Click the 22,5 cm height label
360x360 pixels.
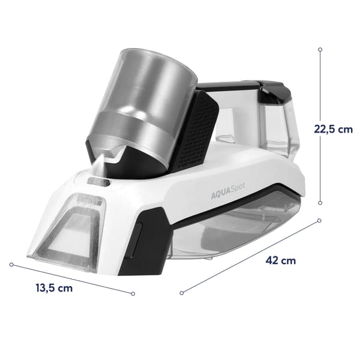pos(333,129)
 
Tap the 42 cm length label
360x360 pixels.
pos(281,260)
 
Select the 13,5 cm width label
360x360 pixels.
pos(54,288)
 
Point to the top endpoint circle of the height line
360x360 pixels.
pos(320,49)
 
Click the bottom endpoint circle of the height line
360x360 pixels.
pos(320,203)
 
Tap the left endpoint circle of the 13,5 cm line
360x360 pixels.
pos(11,265)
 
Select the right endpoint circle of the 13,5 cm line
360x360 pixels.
pos(133,293)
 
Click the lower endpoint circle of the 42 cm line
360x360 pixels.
pos(182,293)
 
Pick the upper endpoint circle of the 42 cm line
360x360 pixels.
pos(319,220)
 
